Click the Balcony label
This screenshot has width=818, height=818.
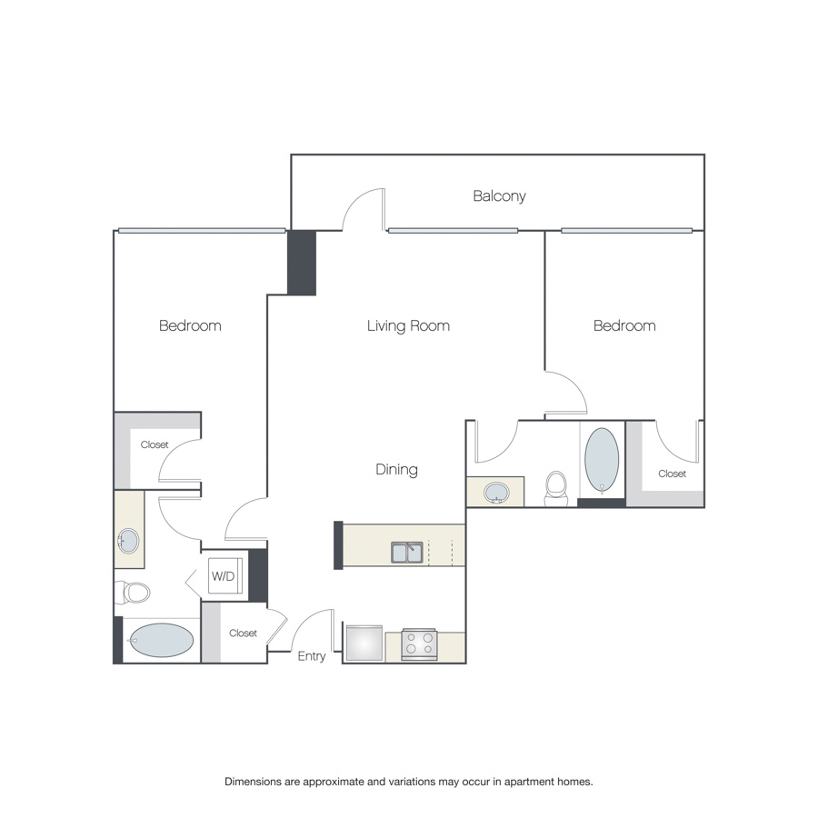tap(499, 196)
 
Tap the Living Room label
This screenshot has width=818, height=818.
tap(408, 326)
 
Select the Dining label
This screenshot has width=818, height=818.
tap(396, 470)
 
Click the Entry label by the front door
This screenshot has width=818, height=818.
tap(312, 656)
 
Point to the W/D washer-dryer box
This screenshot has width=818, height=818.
tap(225, 576)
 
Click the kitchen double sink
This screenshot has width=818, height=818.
tap(407, 553)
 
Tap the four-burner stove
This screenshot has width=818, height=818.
tap(419, 644)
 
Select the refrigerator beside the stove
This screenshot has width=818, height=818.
tap(364, 643)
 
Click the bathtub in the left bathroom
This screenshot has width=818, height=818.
tap(161, 640)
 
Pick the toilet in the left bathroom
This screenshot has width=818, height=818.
tap(133, 592)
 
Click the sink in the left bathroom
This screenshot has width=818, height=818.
tap(128, 541)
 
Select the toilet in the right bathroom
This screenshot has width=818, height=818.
tap(556, 488)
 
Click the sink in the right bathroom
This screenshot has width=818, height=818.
tap(496, 493)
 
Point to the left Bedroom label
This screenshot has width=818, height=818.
tap(190, 326)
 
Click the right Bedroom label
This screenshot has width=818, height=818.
tap(624, 326)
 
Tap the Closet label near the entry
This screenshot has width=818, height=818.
tap(243, 633)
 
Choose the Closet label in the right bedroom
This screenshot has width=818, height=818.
tap(672, 474)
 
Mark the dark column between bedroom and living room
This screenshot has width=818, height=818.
tap(302, 263)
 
